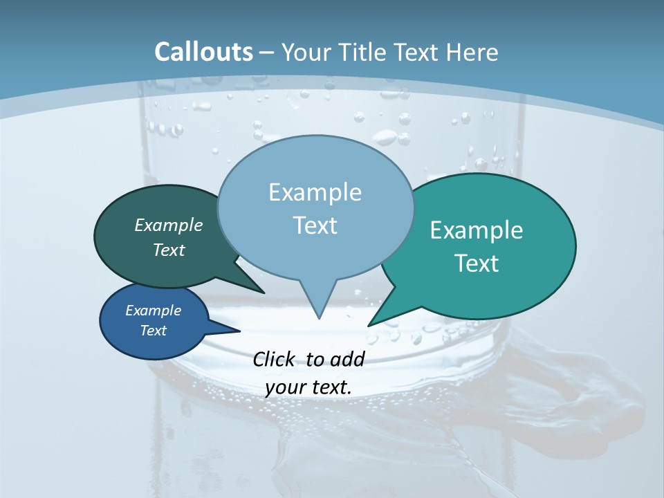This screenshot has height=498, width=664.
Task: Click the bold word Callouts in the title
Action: click(x=203, y=52)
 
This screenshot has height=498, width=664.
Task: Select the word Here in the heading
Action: click(x=472, y=52)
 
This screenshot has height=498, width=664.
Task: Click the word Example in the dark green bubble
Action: click(x=169, y=225)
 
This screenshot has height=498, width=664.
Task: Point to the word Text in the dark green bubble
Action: click(x=169, y=250)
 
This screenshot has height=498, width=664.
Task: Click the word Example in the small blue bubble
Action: click(x=153, y=311)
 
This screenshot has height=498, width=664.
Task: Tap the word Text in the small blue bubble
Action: click(x=153, y=331)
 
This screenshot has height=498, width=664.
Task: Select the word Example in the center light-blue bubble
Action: click(x=315, y=192)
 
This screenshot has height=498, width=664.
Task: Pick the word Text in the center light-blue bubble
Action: click(x=315, y=225)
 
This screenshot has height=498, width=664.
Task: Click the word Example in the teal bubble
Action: click(x=477, y=230)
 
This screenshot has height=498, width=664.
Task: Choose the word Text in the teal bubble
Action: click(x=477, y=263)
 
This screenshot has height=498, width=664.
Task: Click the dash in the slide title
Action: click(x=267, y=53)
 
